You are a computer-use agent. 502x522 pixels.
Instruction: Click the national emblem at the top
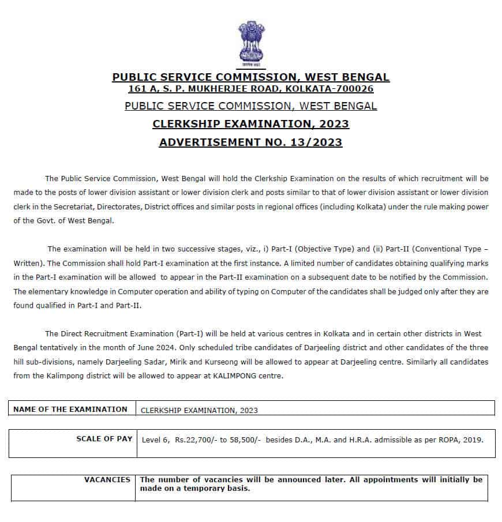[x=250, y=44]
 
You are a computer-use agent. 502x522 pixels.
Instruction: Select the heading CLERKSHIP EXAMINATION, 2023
[x=250, y=124]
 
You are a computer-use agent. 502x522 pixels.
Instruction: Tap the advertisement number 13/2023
[x=318, y=142]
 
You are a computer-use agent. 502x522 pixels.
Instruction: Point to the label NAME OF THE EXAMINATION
[x=70, y=409]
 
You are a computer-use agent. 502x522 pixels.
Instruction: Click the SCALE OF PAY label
[x=104, y=439]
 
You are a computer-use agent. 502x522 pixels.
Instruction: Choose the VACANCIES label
[x=107, y=479]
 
